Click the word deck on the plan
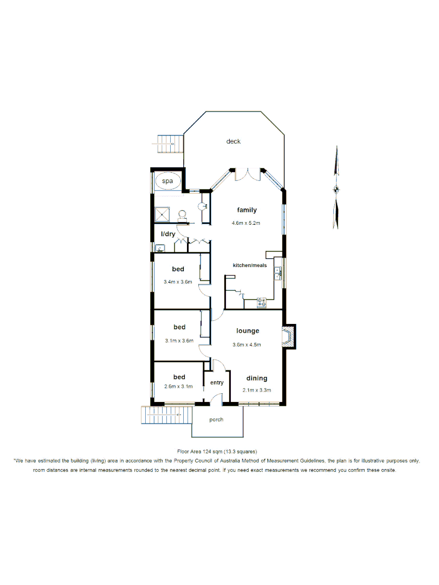233,141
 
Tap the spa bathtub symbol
168,181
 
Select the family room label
247,210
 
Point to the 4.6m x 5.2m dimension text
247,223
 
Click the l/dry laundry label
168,233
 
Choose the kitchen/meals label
250,265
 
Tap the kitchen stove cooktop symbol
262,303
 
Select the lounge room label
248,331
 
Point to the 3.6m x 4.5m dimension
247,344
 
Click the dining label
257,379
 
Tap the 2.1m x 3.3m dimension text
257,390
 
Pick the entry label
217,383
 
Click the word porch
216,420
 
